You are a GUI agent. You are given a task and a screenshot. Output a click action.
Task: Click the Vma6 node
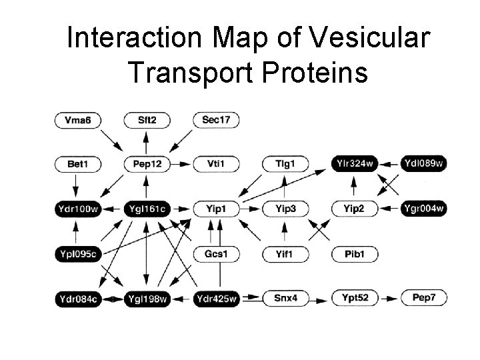coord(78,120)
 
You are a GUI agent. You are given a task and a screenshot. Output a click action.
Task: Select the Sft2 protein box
coord(147,120)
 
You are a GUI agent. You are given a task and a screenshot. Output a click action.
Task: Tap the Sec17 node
coord(215,120)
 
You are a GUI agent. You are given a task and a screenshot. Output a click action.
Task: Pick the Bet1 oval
coord(78,163)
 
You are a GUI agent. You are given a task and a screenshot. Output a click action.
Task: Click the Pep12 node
coord(147,163)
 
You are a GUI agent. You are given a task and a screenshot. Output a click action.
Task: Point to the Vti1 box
coord(215,163)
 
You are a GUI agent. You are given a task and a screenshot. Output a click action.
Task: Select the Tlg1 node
coord(285,163)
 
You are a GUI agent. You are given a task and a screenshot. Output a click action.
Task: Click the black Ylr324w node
coord(354,163)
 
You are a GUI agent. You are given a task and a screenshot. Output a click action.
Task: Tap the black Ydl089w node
coord(423,163)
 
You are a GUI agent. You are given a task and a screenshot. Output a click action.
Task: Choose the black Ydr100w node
coord(78,209)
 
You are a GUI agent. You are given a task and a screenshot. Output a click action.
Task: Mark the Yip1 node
coord(215,209)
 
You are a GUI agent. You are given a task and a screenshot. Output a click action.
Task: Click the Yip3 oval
coord(285,209)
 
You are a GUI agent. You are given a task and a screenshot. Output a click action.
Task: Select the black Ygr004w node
coord(423,209)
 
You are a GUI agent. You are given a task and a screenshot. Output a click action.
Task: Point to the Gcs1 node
coord(215,254)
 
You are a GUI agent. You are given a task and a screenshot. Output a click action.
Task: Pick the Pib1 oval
coord(354,254)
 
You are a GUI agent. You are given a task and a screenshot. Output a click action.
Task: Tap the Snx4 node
coord(285,298)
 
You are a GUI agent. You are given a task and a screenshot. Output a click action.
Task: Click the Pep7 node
coord(423,298)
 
